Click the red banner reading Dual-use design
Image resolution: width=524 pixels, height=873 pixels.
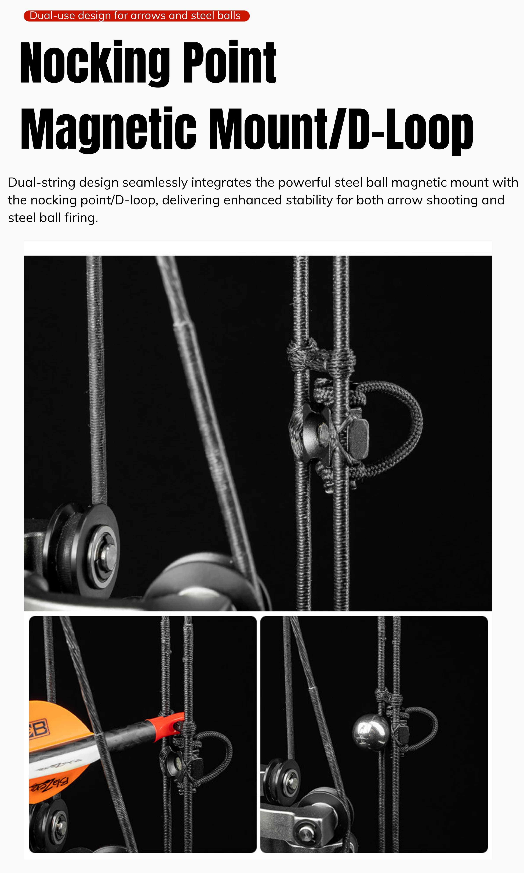(x=137, y=16)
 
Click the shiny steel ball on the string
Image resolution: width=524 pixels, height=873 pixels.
(x=371, y=732)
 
